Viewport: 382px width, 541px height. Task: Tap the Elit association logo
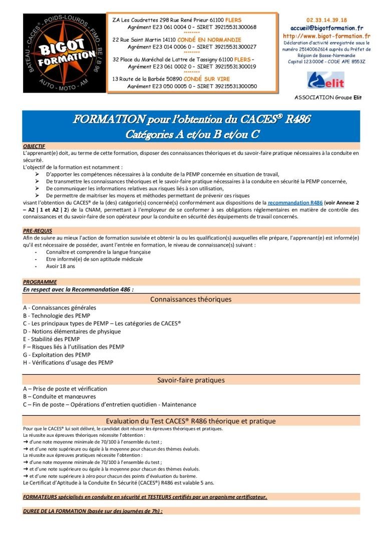(x=326, y=80)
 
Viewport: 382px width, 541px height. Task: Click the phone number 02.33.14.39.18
(x=326, y=20)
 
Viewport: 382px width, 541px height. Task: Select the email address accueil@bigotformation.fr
(x=326, y=28)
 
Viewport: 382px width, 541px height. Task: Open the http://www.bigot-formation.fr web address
(x=326, y=36)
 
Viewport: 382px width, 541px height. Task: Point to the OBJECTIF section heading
(x=34, y=146)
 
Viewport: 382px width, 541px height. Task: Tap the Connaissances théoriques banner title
(x=191, y=300)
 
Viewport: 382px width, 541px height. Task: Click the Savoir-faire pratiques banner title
(x=191, y=380)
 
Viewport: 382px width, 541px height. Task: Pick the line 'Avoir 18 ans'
(x=61, y=266)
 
